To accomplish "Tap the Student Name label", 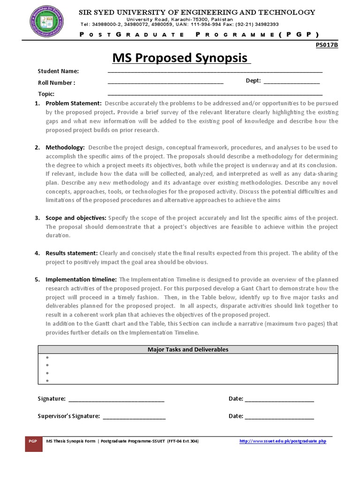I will (58, 71).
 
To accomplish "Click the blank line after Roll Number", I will (165, 83).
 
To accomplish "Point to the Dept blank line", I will (291, 82).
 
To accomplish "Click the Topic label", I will (46, 94).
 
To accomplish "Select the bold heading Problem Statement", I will (73, 103).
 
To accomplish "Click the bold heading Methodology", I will (65, 148).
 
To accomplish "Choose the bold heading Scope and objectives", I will (76, 218).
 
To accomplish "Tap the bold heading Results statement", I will (72, 253).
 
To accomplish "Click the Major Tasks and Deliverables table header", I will (187, 350).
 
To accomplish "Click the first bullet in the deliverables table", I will (48, 358).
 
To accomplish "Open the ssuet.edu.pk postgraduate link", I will (283, 442).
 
